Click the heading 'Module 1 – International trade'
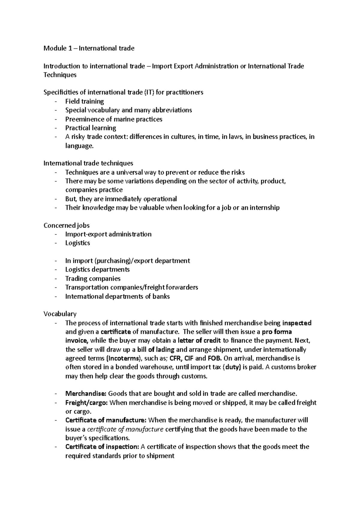(x=89, y=48)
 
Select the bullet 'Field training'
(x=84, y=101)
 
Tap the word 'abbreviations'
(x=172, y=110)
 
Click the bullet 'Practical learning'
(x=91, y=128)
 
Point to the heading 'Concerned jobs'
(x=67, y=225)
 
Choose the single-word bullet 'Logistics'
(x=77, y=243)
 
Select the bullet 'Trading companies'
(x=93, y=278)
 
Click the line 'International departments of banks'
(x=117, y=296)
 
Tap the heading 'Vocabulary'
(x=60, y=314)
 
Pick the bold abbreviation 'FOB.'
(x=214, y=358)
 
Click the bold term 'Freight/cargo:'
(x=86, y=403)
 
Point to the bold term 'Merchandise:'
(x=85, y=394)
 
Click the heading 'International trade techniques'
(x=88, y=163)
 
